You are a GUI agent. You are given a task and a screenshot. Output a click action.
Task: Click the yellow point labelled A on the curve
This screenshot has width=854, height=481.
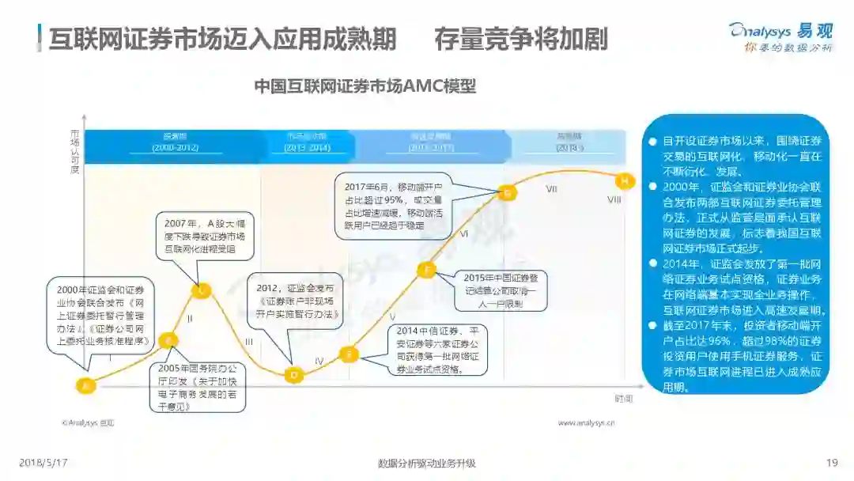(x=86, y=385)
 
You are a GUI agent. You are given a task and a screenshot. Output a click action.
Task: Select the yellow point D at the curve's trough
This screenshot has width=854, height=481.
(x=294, y=374)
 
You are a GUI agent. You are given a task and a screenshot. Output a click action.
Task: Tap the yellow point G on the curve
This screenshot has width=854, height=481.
(x=508, y=191)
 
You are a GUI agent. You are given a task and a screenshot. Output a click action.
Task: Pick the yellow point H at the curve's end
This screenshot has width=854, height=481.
(x=625, y=181)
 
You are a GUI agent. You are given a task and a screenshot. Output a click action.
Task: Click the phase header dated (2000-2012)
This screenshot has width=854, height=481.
(x=175, y=142)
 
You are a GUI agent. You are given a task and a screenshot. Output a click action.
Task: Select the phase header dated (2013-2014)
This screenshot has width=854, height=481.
(x=308, y=142)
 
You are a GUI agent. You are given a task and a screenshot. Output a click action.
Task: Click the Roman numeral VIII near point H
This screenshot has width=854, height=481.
(x=614, y=200)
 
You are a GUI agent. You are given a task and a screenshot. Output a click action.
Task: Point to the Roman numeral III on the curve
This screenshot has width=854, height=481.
(x=248, y=342)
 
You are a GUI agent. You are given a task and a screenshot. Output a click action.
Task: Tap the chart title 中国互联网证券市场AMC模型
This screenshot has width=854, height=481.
(x=365, y=86)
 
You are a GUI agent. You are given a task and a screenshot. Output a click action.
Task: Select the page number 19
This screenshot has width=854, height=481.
(x=831, y=463)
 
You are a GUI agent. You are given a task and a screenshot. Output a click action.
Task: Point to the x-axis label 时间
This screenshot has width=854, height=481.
(x=624, y=398)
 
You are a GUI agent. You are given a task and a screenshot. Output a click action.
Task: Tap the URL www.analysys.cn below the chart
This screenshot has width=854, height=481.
(x=587, y=423)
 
